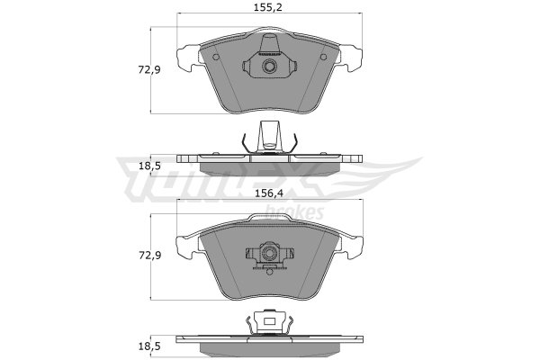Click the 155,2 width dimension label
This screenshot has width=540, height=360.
tap(268, 7)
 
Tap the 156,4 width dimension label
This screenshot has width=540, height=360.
tap(268, 194)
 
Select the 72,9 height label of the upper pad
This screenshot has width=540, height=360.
tap(149, 70)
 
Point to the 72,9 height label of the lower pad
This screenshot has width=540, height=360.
tap(149, 256)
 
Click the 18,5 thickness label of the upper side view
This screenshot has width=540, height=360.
tap(149, 166)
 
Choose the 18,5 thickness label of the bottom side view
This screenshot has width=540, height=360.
tap(149, 346)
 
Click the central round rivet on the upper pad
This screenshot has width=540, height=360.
tap(268, 66)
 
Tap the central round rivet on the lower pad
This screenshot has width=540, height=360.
tap(268, 254)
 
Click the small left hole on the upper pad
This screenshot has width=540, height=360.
tap(216, 58)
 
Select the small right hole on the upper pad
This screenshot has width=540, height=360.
tap(323, 58)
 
